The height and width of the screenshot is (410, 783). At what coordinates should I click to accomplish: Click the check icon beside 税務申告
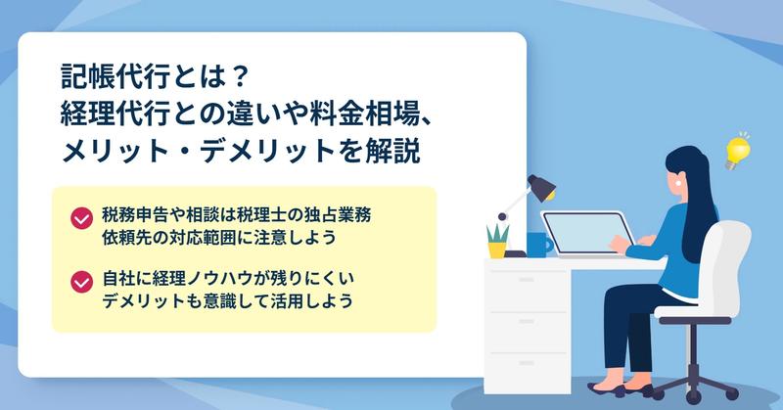click(x=81, y=218)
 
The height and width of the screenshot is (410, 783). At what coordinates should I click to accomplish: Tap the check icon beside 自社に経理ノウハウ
click(x=81, y=282)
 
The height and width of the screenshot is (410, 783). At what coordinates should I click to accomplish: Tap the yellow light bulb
click(x=738, y=151)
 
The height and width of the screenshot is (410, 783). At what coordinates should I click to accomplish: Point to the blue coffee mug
click(x=539, y=246)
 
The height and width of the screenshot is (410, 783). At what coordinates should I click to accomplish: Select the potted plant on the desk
click(x=497, y=242)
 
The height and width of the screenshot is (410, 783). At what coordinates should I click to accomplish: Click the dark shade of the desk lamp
click(x=542, y=187)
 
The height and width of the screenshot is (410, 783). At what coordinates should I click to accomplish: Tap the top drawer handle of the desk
click(x=527, y=280)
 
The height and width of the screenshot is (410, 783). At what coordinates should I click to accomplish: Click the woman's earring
click(x=678, y=183)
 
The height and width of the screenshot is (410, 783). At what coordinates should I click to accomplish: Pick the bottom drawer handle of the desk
click(x=527, y=363)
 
